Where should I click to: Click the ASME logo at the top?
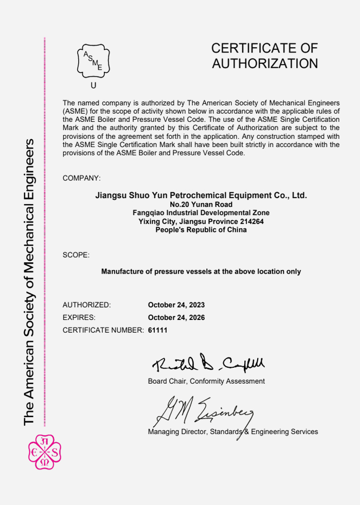[93, 61]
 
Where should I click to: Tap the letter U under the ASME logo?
[93, 86]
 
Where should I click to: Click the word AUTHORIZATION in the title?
[265, 64]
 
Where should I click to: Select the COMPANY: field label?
[81, 178]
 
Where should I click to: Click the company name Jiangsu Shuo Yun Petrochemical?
[201, 195]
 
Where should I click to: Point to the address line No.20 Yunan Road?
[201, 205]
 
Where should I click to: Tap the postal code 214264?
[251, 221]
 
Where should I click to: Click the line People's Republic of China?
[201, 230]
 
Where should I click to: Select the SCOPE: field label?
[76, 255]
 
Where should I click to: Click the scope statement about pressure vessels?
[201, 271]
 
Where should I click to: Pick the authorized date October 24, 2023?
[176, 305]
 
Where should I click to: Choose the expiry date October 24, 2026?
[176, 317]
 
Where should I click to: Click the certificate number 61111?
[158, 330]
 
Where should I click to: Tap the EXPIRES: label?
[79, 317]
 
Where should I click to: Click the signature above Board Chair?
[208, 364]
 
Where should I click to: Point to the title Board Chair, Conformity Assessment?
[206, 381]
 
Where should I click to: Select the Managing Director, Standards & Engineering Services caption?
[233, 431]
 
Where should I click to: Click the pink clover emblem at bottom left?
[44, 452]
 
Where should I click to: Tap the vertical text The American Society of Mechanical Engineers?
[29, 282]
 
